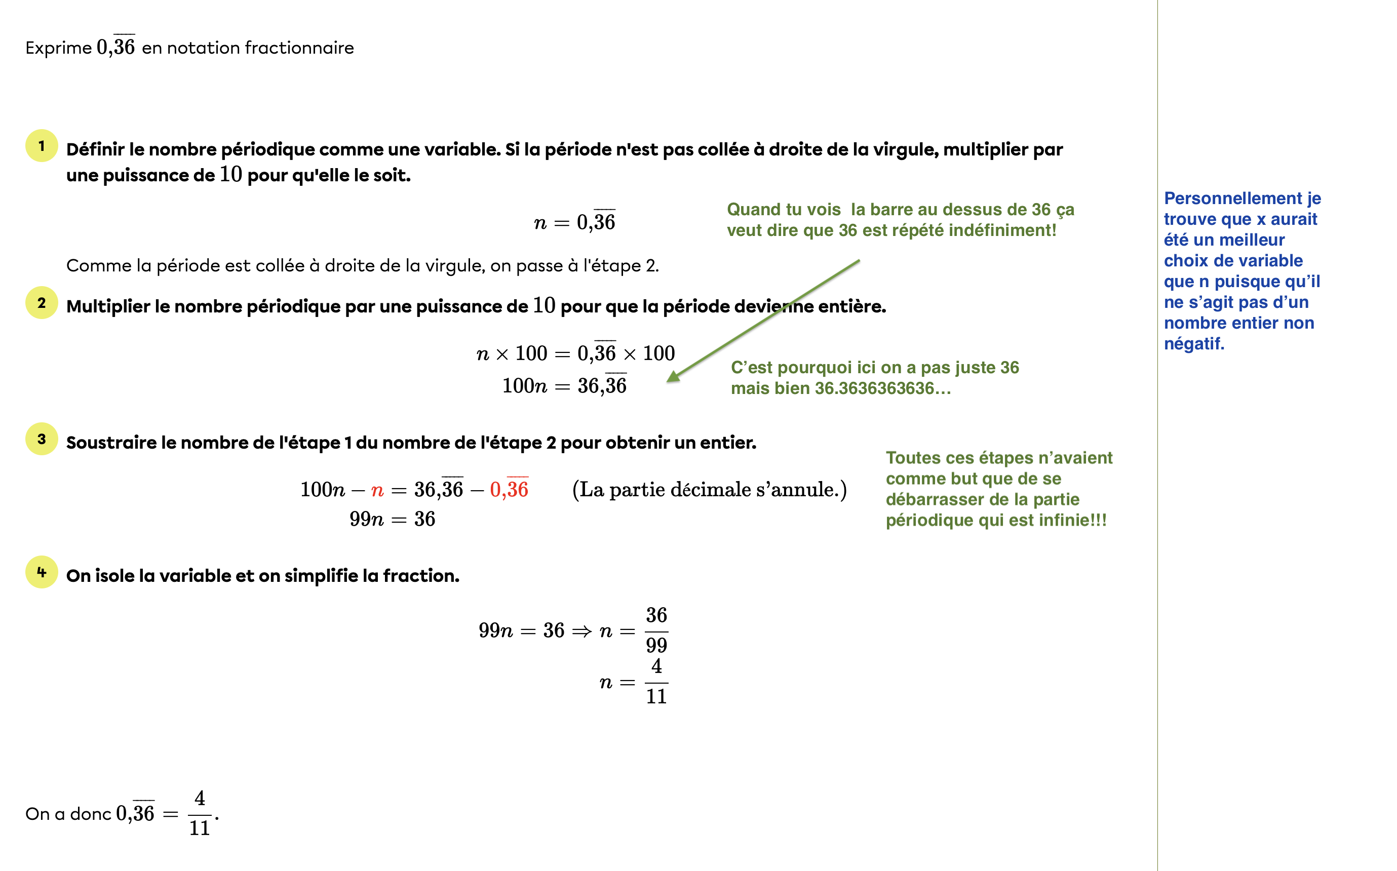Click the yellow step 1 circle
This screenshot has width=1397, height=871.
pos(42,146)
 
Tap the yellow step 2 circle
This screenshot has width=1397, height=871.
pos(42,302)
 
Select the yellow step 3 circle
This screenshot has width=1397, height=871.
pos(42,439)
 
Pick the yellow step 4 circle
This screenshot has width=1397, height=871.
pos(42,572)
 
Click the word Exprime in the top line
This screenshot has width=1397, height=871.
pos(58,48)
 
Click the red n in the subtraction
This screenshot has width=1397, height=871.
pos(377,490)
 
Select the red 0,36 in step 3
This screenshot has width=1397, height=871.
pos(509,489)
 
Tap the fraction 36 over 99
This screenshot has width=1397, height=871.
pos(656,630)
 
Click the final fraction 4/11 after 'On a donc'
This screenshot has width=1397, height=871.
pos(200,813)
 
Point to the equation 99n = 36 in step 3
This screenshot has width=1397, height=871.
pos(393,519)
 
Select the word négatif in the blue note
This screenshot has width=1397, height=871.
pos(1194,344)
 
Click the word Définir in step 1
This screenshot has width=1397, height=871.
pos(95,150)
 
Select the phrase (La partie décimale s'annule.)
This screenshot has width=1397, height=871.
pos(709,490)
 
